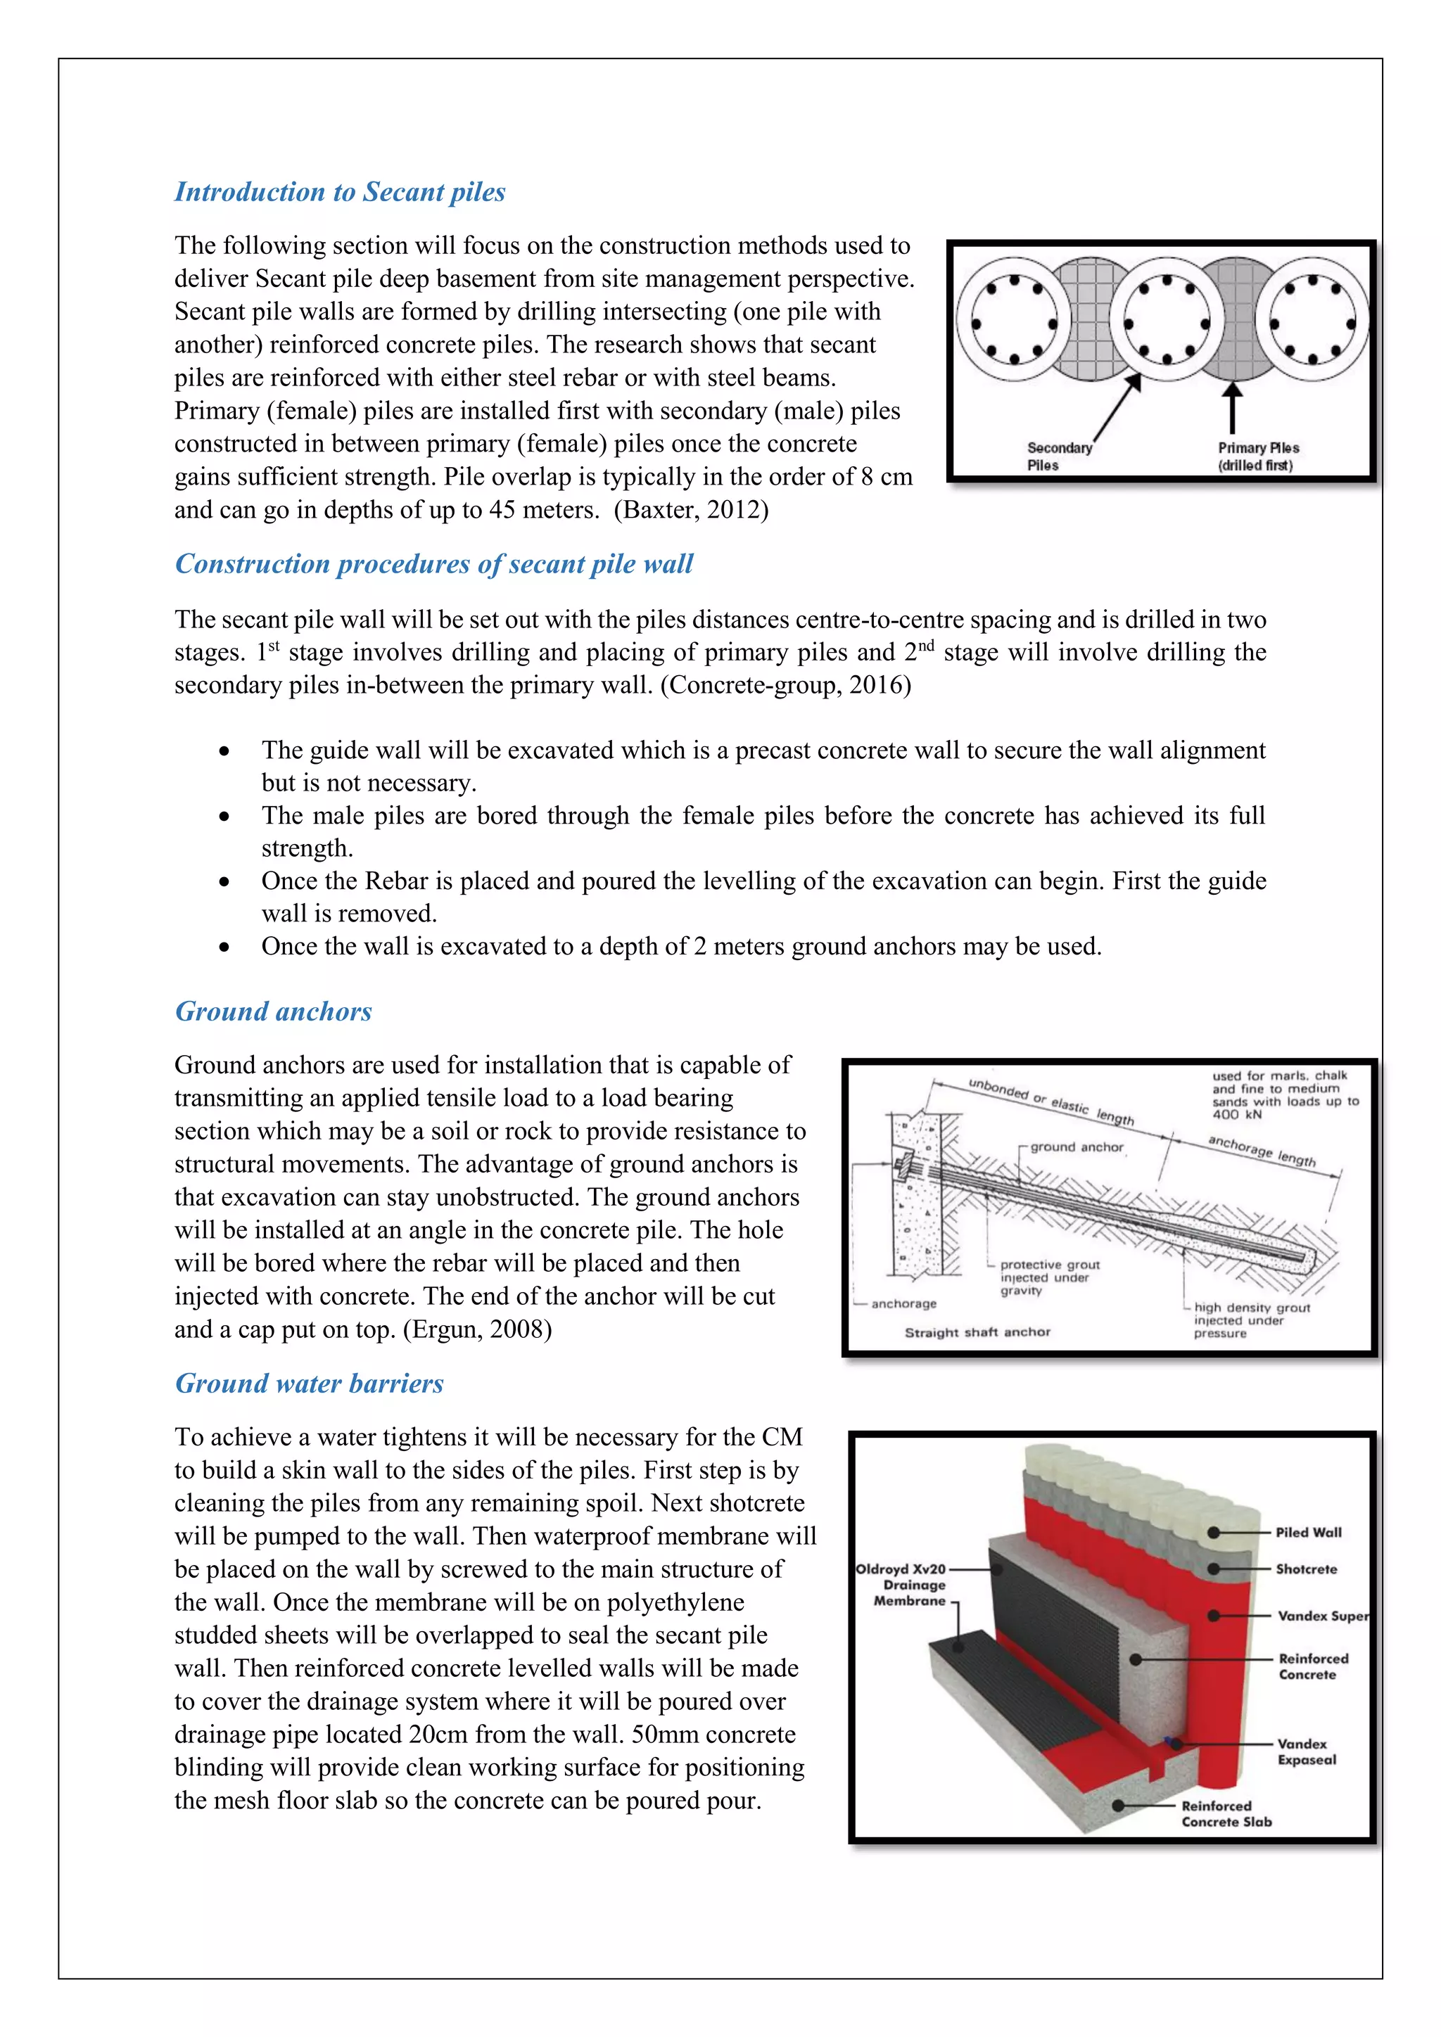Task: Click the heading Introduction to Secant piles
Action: tap(340, 193)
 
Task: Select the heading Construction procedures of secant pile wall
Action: tap(434, 564)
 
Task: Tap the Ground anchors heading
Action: tap(273, 1011)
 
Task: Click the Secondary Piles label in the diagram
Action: tap(1058, 456)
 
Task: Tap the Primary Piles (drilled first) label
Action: tap(1257, 456)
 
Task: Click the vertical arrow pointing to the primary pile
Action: tap(1233, 408)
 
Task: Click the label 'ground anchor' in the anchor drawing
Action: tap(1077, 1147)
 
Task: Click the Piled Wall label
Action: tap(1308, 1532)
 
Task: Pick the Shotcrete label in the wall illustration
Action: tap(1305, 1569)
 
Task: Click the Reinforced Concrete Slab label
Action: tap(1226, 1813)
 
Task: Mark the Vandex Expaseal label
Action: tap(1306, 1751)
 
